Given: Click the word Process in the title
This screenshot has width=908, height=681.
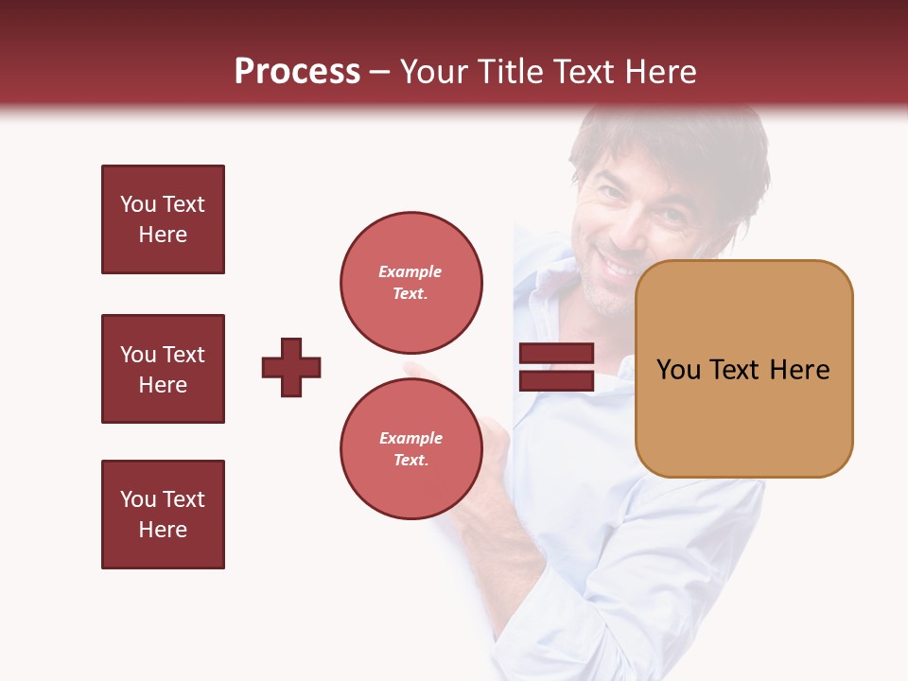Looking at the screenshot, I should pyautogui.click(x=297, y=72).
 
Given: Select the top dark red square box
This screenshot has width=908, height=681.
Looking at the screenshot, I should pyautogui.click(x=163, y=219).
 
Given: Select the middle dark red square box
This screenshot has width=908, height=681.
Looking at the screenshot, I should pyautogui.click(x=163, y=369).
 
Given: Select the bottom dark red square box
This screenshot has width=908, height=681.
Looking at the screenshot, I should pyautogui.click(x=163, y=515).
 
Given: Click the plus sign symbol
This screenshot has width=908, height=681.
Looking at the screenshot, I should pyautogui.click(x=291, y=367).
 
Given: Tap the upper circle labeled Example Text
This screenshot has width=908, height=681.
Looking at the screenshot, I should pyautogui.click(x=411, y=282).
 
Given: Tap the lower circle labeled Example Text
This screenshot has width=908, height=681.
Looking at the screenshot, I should pyautogui.click(x=411, y=448).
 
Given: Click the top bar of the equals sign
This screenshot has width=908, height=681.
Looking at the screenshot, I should pyautogui.click(x=556, y=354).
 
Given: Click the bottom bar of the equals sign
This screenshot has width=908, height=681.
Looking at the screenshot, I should pyautogui.click(x=556, y=380).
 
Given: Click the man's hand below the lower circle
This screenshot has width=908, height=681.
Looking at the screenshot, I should pyautogui.click(x=487, y=473).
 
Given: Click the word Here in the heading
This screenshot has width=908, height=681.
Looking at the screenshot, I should pyautogui.click(x=657, y=72).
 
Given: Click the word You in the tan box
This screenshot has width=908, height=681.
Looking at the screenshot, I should pyautogui.click(x=678, y=370).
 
